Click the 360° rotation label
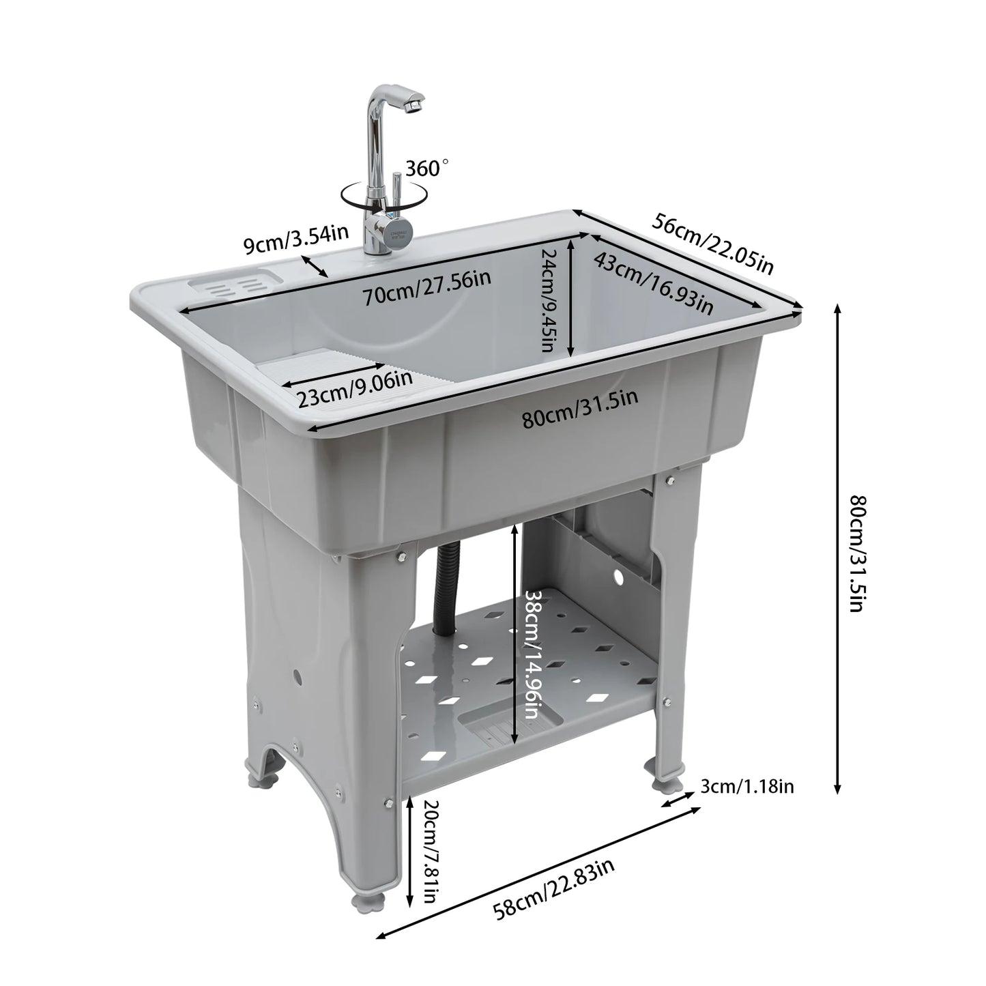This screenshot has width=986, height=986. [x=428, y=168]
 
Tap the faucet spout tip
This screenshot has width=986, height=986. [x=411, y=106]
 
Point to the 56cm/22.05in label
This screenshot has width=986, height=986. [x=714, y=242]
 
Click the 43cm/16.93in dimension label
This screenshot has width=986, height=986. [x=654, y=283]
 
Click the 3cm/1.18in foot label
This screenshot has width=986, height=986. [x=747, y=787]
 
